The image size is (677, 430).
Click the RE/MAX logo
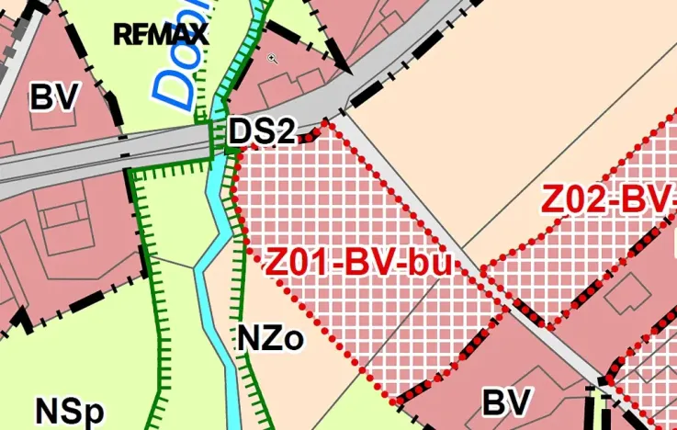coord(161,35)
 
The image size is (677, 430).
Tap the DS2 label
coord(261,132)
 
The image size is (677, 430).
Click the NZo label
coord(270,338)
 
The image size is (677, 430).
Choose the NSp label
coord(69,411)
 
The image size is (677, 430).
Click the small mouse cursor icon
coord(273,59)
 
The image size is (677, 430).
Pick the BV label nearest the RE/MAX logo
coord(56,96)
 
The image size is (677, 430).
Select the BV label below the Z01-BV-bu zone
coord(507,402)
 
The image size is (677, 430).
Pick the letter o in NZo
coord(293,341)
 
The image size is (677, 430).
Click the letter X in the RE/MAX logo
coord(197,35)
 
